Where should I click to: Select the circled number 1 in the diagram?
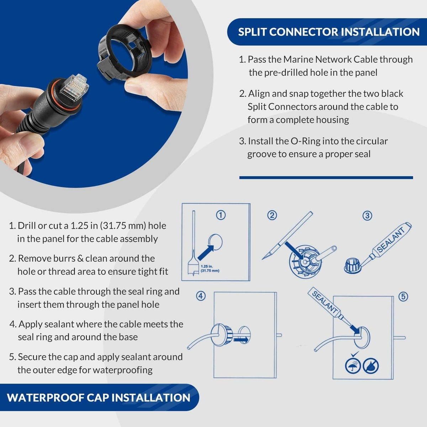pos(221,215)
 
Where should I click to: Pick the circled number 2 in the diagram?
pos(272,215)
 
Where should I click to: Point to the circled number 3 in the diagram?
pos(367,216)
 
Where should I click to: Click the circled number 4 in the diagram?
pos(201,296)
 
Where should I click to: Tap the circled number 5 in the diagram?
pos(403,297)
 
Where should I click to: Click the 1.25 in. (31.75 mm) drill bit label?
pos(210,268)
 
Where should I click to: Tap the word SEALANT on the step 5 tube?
pos(325,303)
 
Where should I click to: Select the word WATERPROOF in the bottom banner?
pos(45,398)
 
